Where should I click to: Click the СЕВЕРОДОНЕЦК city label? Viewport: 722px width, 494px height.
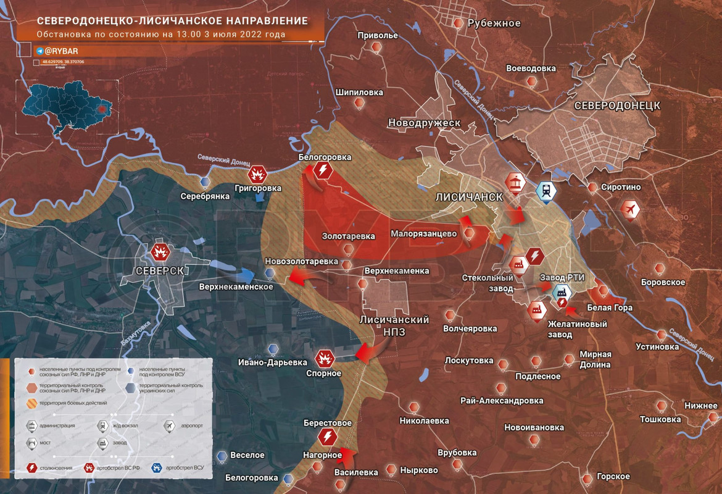click(x=616, y=106)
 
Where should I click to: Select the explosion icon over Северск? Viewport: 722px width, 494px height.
click(x=160, y=253)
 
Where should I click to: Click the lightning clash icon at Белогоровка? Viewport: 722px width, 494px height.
click(x=322, y=170)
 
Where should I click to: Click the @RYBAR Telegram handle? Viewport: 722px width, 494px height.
click(x=60, y=51)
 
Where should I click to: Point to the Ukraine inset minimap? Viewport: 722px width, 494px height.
click(x=65, y=112)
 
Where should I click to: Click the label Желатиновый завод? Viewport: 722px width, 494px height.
click(x=578, y=329)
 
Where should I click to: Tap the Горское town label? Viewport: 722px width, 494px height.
click(x=613, y=477)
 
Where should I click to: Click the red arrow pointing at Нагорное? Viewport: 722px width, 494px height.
click(x=349, y=456)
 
